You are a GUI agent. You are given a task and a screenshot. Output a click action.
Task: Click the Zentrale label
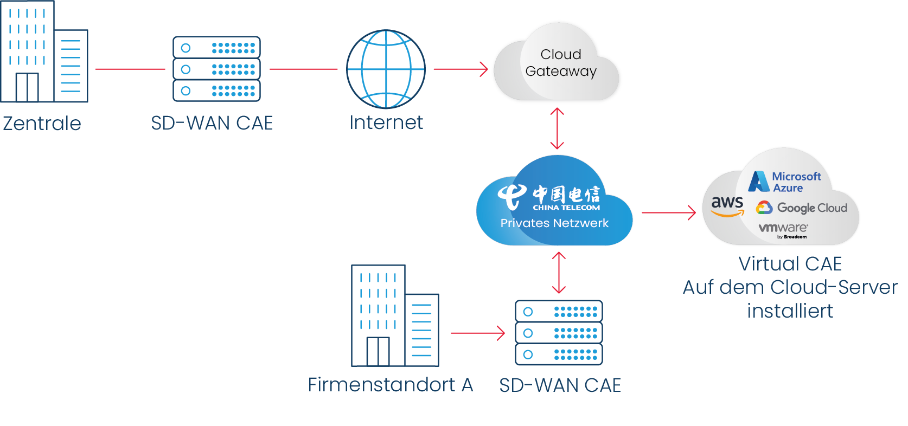point(42,124)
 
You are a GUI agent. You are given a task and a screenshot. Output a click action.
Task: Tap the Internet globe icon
point(386,69)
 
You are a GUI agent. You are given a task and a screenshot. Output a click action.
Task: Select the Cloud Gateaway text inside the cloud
point(560,63)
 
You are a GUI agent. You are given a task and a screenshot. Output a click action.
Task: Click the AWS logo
point(727,205)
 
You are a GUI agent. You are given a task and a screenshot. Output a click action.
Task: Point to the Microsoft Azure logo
point(785,182)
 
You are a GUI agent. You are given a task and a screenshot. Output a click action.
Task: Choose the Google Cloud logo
point(802,208)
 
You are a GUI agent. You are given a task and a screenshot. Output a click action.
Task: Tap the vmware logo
point(783,229)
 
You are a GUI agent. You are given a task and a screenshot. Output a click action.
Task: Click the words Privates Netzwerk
point(554,223)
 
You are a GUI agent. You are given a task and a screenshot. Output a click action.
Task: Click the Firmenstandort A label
point(391,385)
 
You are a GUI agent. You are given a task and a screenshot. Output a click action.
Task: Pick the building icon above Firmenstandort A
point(394,316)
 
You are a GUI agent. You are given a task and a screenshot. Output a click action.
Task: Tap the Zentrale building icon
point(43,52)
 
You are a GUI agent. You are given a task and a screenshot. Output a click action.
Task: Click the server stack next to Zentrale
point(216,69)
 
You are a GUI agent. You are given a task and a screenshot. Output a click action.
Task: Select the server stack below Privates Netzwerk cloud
point(559,333)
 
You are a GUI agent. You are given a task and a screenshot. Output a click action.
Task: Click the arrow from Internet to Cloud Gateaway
point(461,69)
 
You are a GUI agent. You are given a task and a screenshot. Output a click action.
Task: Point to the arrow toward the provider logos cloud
point(668,212)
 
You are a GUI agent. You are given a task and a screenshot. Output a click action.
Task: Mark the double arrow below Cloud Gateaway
point(557,128)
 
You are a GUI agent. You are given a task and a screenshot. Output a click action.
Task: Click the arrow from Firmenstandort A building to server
point(477,333)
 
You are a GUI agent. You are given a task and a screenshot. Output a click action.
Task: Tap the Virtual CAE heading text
point(790,264)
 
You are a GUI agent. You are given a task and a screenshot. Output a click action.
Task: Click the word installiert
point(790,311)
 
